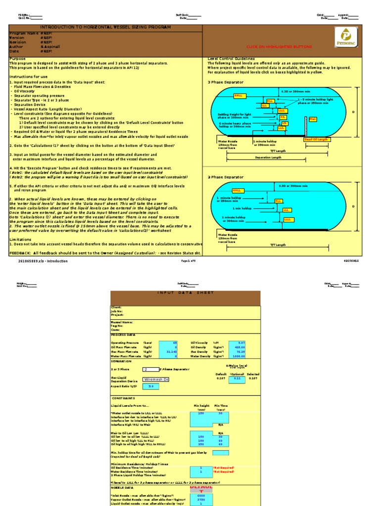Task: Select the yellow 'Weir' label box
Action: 312,119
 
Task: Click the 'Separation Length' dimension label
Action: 268,158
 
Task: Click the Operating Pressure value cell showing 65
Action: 168,342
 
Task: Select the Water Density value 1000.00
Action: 237,356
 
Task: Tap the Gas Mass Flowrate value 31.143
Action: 168,351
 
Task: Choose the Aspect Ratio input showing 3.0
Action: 151,386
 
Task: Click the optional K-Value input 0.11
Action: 237,378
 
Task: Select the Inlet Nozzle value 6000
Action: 201,496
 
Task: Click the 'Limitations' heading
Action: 21,239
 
